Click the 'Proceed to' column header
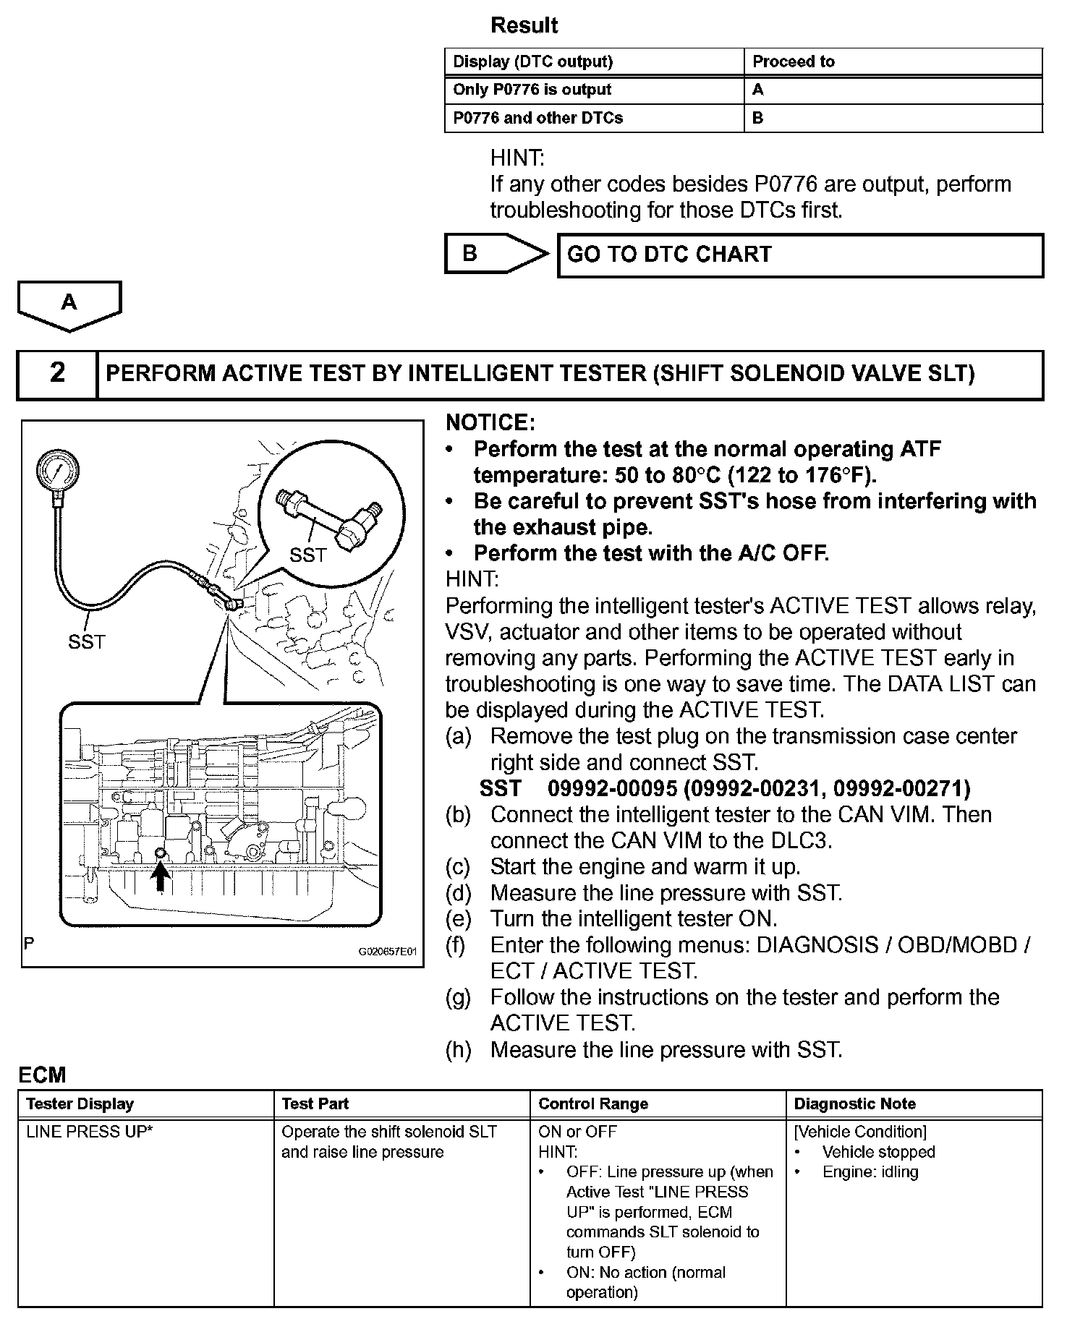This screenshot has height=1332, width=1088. [x=794, y=61]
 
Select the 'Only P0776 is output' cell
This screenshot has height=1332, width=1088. [x=532, y=90]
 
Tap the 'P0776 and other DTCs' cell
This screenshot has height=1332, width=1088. [x=537, y=118]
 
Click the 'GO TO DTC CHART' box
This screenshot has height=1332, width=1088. [x=799, y=255]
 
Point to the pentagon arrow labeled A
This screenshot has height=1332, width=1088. [x=69, y=304]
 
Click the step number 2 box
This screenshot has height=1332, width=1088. [x=57, y=373]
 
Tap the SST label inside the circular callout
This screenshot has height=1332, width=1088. [x=308, y=555]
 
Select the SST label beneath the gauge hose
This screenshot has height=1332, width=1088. [x=87, y=641]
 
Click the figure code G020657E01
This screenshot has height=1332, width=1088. [x=388, y=952]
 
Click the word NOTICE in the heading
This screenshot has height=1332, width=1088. [x=490, y=423]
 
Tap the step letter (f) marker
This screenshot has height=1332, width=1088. [x=459, y=945]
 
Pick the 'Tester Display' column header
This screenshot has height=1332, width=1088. [x=80, y=1104]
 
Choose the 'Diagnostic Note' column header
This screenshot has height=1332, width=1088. [x=854, y=1104]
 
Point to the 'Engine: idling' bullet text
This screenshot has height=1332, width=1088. [x=870, y=1172]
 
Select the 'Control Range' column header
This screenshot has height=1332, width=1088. [x=593, y=1104]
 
